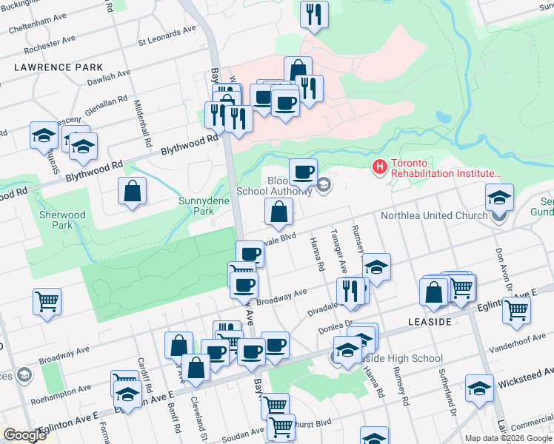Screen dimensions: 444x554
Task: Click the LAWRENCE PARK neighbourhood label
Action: coord(58,67)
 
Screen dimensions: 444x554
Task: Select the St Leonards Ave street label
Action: coord(167,34)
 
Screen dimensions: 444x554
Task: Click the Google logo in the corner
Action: coord(25,435)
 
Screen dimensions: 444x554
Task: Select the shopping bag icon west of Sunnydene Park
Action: coord(132,192)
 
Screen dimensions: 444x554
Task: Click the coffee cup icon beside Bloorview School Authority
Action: coord(302,172)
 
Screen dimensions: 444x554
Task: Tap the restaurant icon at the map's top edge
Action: coord(314,14)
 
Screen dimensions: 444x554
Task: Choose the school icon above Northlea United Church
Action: coord(499,197)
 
